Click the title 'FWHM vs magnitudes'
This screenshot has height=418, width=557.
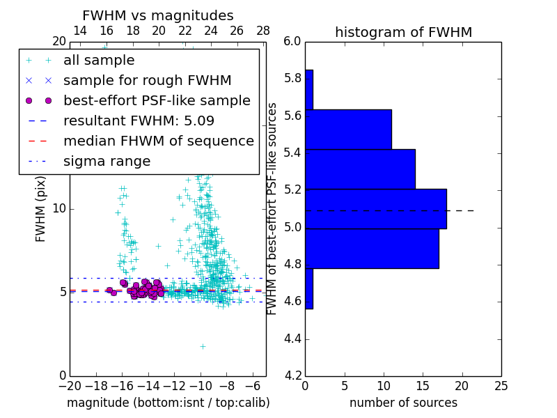(x=158, y=15)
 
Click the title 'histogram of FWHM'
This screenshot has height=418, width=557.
(x=403, y=32)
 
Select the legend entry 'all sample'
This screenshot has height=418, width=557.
(x=99, y=61)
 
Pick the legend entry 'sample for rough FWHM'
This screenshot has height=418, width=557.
(x=147, y=80)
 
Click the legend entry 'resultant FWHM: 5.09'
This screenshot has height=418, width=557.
(x=139, y=121)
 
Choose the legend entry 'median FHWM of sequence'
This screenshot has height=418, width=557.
(x=158, y=141)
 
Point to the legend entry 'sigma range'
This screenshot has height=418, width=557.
(x=107, y=161)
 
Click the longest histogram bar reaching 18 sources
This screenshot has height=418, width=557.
(x=376, y=209)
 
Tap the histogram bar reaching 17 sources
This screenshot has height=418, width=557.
(x=372, y=249)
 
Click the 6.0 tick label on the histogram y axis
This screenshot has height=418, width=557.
(x=292, y=41)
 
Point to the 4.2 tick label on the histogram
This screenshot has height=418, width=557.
(x=292, y=376)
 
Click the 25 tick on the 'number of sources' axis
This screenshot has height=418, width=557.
(x=501, y=385)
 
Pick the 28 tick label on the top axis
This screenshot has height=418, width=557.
(x=262, y=31)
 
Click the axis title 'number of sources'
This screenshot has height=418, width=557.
(x=403, y=403)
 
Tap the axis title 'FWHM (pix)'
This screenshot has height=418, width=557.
(x=40, y=208)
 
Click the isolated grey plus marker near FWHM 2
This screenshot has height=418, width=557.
(x=203, y=346)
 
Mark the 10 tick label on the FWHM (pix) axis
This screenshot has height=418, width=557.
(x=58, y=208)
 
